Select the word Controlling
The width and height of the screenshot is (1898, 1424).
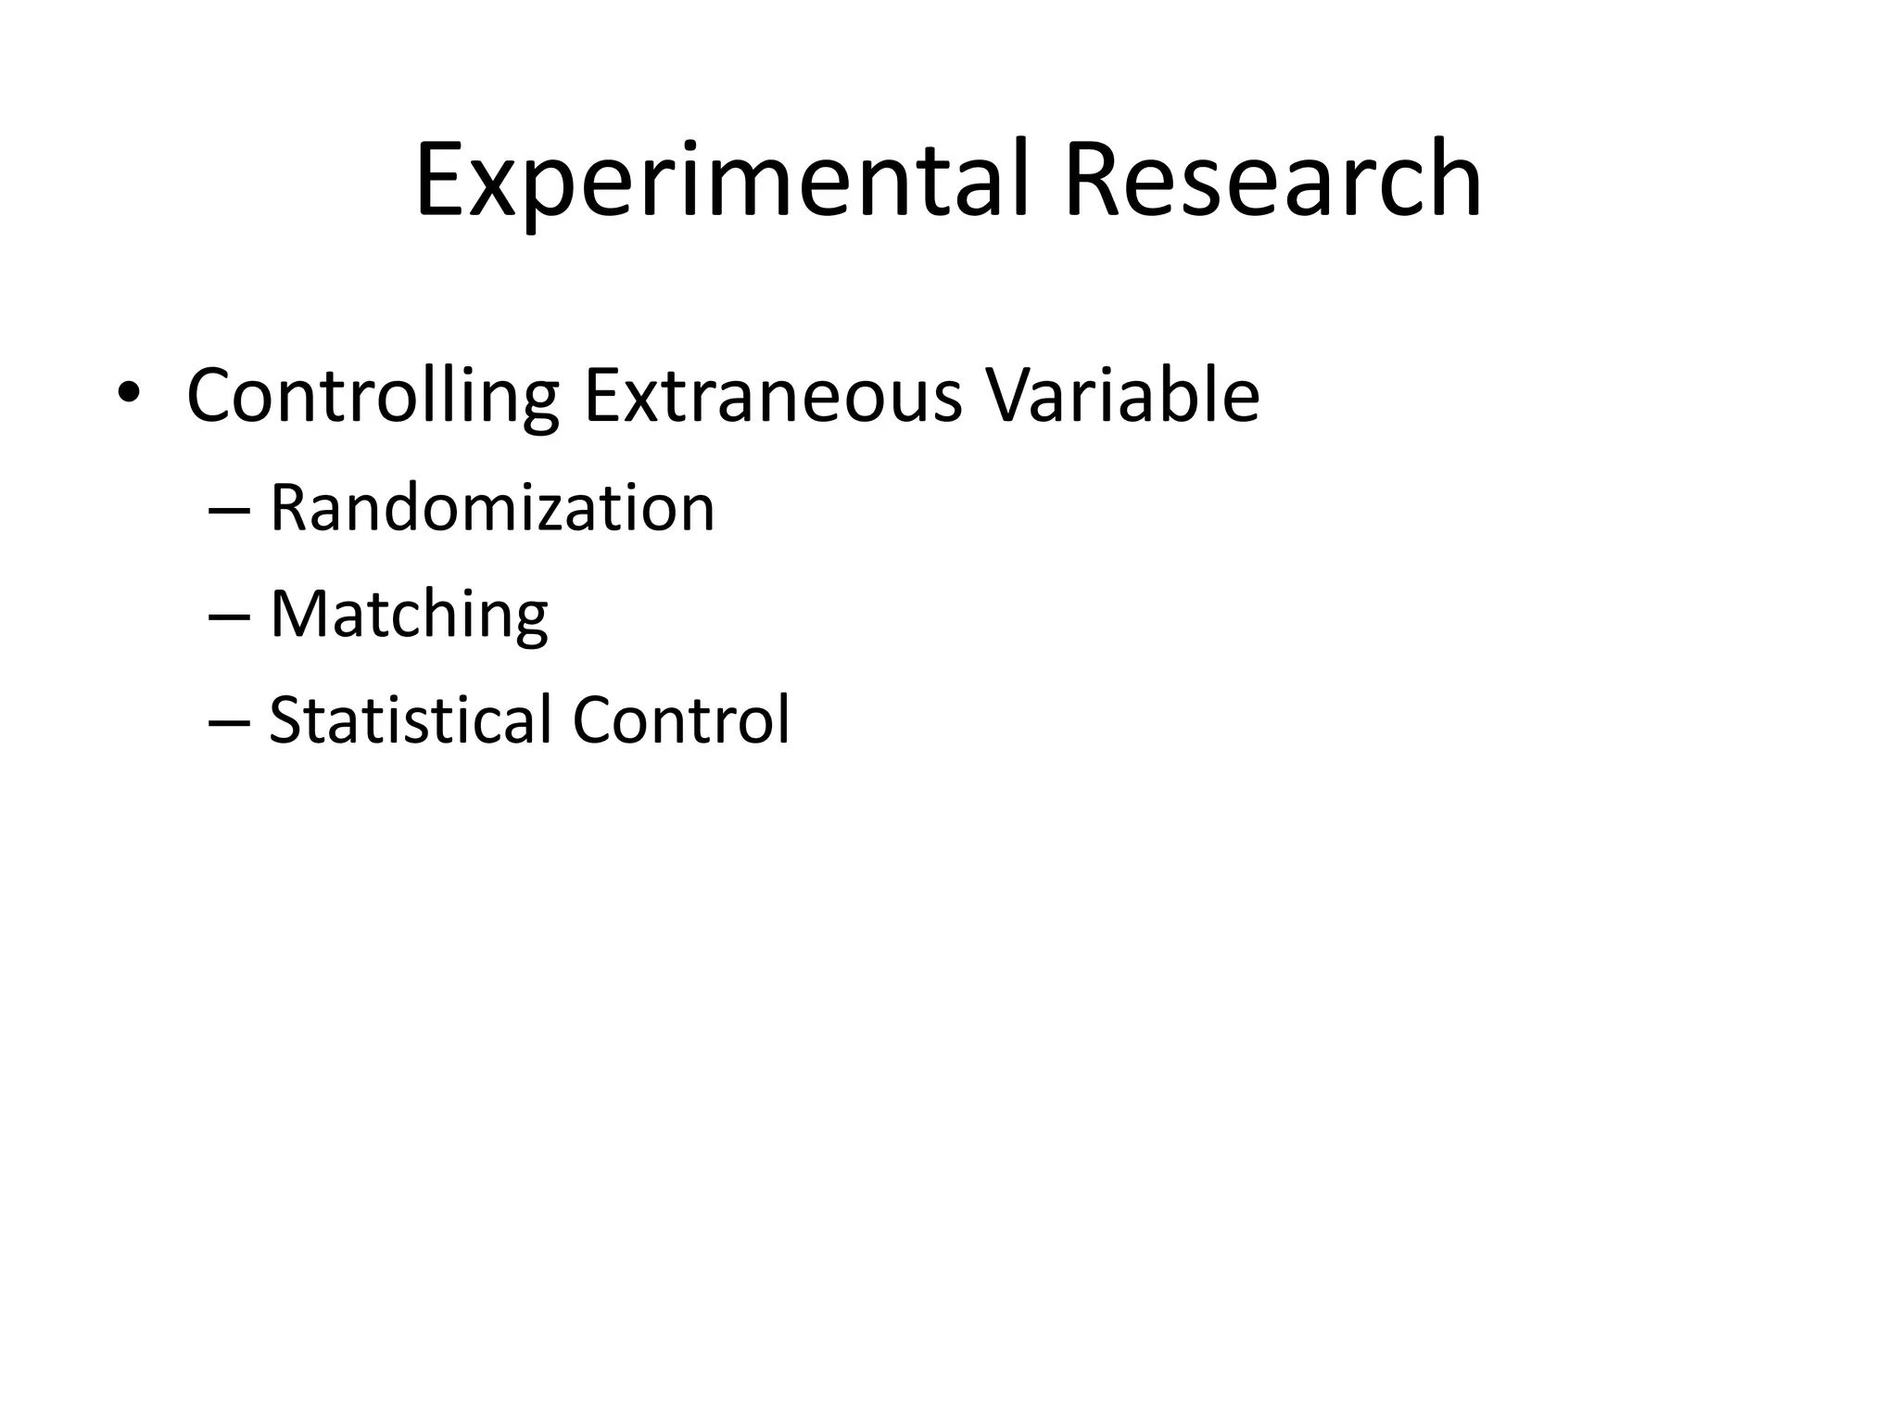[x=373, y=397]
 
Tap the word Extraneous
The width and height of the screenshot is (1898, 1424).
[x=772, y=397]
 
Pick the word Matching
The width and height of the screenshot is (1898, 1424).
[x=409, y=616]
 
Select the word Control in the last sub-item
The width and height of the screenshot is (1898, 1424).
[x=681, y=720]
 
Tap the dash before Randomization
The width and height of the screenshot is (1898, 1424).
[x=229, y=512]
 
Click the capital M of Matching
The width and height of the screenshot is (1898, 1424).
[x=297, y=614]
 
